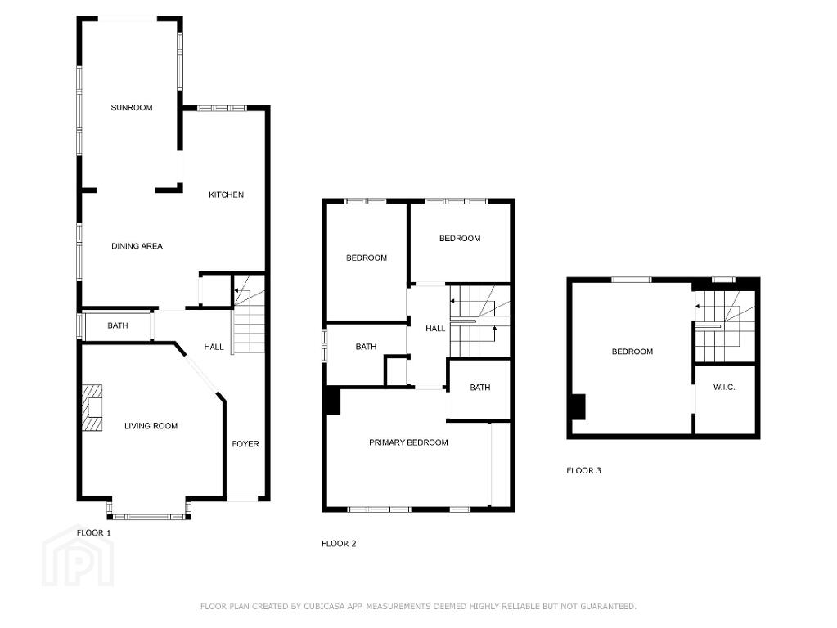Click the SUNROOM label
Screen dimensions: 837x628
131,107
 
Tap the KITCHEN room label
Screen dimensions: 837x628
226,195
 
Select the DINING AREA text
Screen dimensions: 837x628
137,246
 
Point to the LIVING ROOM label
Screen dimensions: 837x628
151,426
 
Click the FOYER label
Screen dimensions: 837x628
245,444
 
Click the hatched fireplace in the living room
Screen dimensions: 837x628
92,408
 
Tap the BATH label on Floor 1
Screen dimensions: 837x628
118,325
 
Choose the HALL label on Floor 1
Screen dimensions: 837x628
214,347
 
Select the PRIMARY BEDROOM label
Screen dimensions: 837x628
408,442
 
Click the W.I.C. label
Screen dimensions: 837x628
724,388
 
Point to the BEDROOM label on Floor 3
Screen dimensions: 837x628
632,352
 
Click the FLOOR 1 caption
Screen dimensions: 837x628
94,532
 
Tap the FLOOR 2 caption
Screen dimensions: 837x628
339,544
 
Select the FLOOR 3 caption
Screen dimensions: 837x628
583,471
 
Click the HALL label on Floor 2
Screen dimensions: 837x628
435,329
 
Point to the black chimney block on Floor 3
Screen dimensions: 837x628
578,406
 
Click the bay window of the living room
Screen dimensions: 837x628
149,515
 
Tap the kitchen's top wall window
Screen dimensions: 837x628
222,108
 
